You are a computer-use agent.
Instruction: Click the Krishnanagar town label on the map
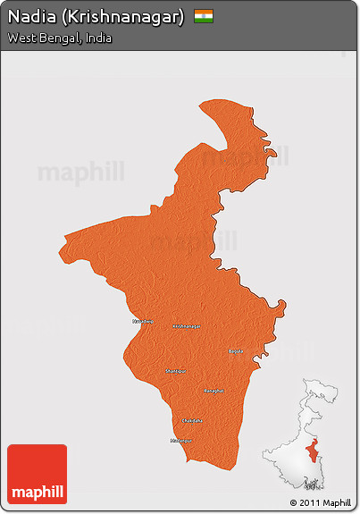coord(186,326)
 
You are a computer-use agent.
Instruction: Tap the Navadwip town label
coord(143,321)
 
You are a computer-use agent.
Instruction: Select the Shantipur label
coord(175,370)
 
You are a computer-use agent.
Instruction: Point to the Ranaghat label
coord(213,391)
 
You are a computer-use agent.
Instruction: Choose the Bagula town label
coord(235,351)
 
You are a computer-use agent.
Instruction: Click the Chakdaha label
coord(192,420)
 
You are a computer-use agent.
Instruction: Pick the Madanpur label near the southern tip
coord(181,441)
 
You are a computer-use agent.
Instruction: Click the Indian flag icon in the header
coord(204,17)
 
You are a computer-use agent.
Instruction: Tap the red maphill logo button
coord(37,474)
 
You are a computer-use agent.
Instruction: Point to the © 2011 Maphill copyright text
coord(320,502)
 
